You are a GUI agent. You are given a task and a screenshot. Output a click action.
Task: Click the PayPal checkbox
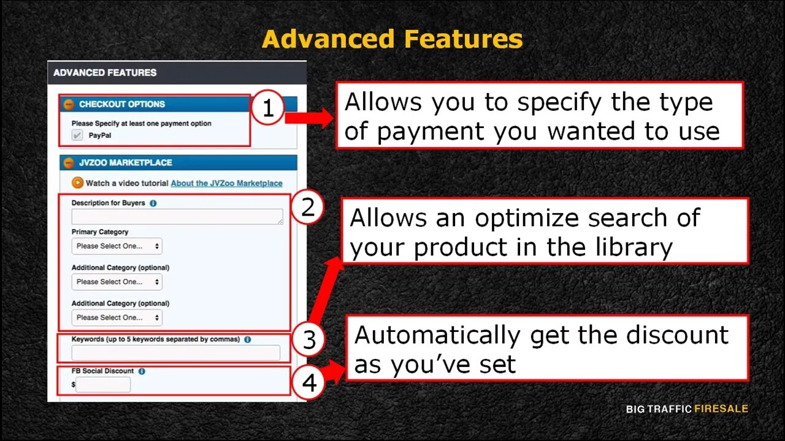tap(77, 135)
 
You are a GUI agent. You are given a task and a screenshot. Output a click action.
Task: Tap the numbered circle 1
tap(268, 107)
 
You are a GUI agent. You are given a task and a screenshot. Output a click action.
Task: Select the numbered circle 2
tap(307, 207)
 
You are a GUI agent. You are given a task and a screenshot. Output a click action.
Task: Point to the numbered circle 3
tap(308, 339)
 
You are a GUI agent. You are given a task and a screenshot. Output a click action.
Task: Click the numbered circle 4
tap(308, 383)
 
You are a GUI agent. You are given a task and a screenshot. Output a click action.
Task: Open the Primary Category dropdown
tap(117, 246)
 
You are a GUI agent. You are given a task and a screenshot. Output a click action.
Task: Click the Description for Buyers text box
tap(177, 216)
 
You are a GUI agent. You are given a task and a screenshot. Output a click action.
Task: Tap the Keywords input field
tap(176, 352)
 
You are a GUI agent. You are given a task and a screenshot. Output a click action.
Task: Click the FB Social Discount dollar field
tap(103, 385)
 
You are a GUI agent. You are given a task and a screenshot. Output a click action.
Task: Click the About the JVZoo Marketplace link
tap(226, 183)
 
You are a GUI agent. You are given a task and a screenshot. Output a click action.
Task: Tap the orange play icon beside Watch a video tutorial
tap(77, 183)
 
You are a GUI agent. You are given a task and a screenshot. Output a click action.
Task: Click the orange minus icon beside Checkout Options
tap(69, 104)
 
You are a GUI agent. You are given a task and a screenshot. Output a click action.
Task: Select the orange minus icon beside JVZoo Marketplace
tap(69, 163)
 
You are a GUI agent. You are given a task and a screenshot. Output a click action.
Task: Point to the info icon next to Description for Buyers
tap(153, 203)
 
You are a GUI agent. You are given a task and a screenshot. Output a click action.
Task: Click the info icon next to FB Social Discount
tap(142, 371)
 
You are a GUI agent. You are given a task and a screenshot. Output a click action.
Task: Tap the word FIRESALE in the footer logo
tap(721, 409)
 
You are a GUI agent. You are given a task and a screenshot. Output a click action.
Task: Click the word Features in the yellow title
tap(463, 39)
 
